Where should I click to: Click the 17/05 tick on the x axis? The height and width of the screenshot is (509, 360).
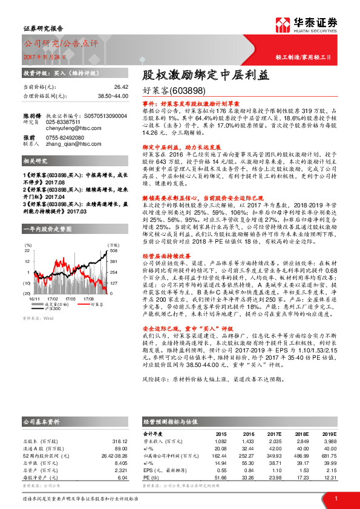click(68, 298)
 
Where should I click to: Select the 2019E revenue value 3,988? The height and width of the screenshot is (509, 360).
click(328, 442)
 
